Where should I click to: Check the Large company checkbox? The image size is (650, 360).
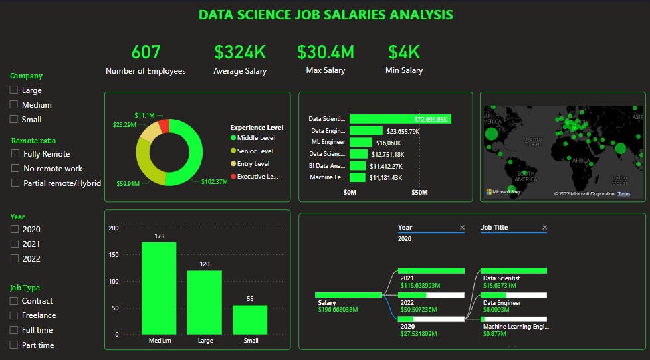[14, 90]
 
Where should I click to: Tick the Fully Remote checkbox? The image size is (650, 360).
[16, 154]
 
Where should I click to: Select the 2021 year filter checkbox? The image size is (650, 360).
[14, 244]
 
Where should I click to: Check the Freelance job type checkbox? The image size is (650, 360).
[14, 315]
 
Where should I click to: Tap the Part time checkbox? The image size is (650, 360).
[14, 345]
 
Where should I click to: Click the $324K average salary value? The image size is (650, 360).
[240, 52]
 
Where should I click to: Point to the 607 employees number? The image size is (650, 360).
[146, 52]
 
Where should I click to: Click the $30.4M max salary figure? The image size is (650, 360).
[325, 52]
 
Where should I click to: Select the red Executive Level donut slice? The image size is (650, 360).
[164, 126]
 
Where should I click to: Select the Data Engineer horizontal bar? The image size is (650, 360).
[366, 131]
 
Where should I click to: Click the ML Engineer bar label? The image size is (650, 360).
[328, 142]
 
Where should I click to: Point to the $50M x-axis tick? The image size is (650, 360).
[419, 192]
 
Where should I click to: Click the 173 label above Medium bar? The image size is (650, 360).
[158, 236]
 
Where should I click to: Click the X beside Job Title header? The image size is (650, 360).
[544, 228]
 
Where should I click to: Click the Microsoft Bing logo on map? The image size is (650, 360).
[502, 192]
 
